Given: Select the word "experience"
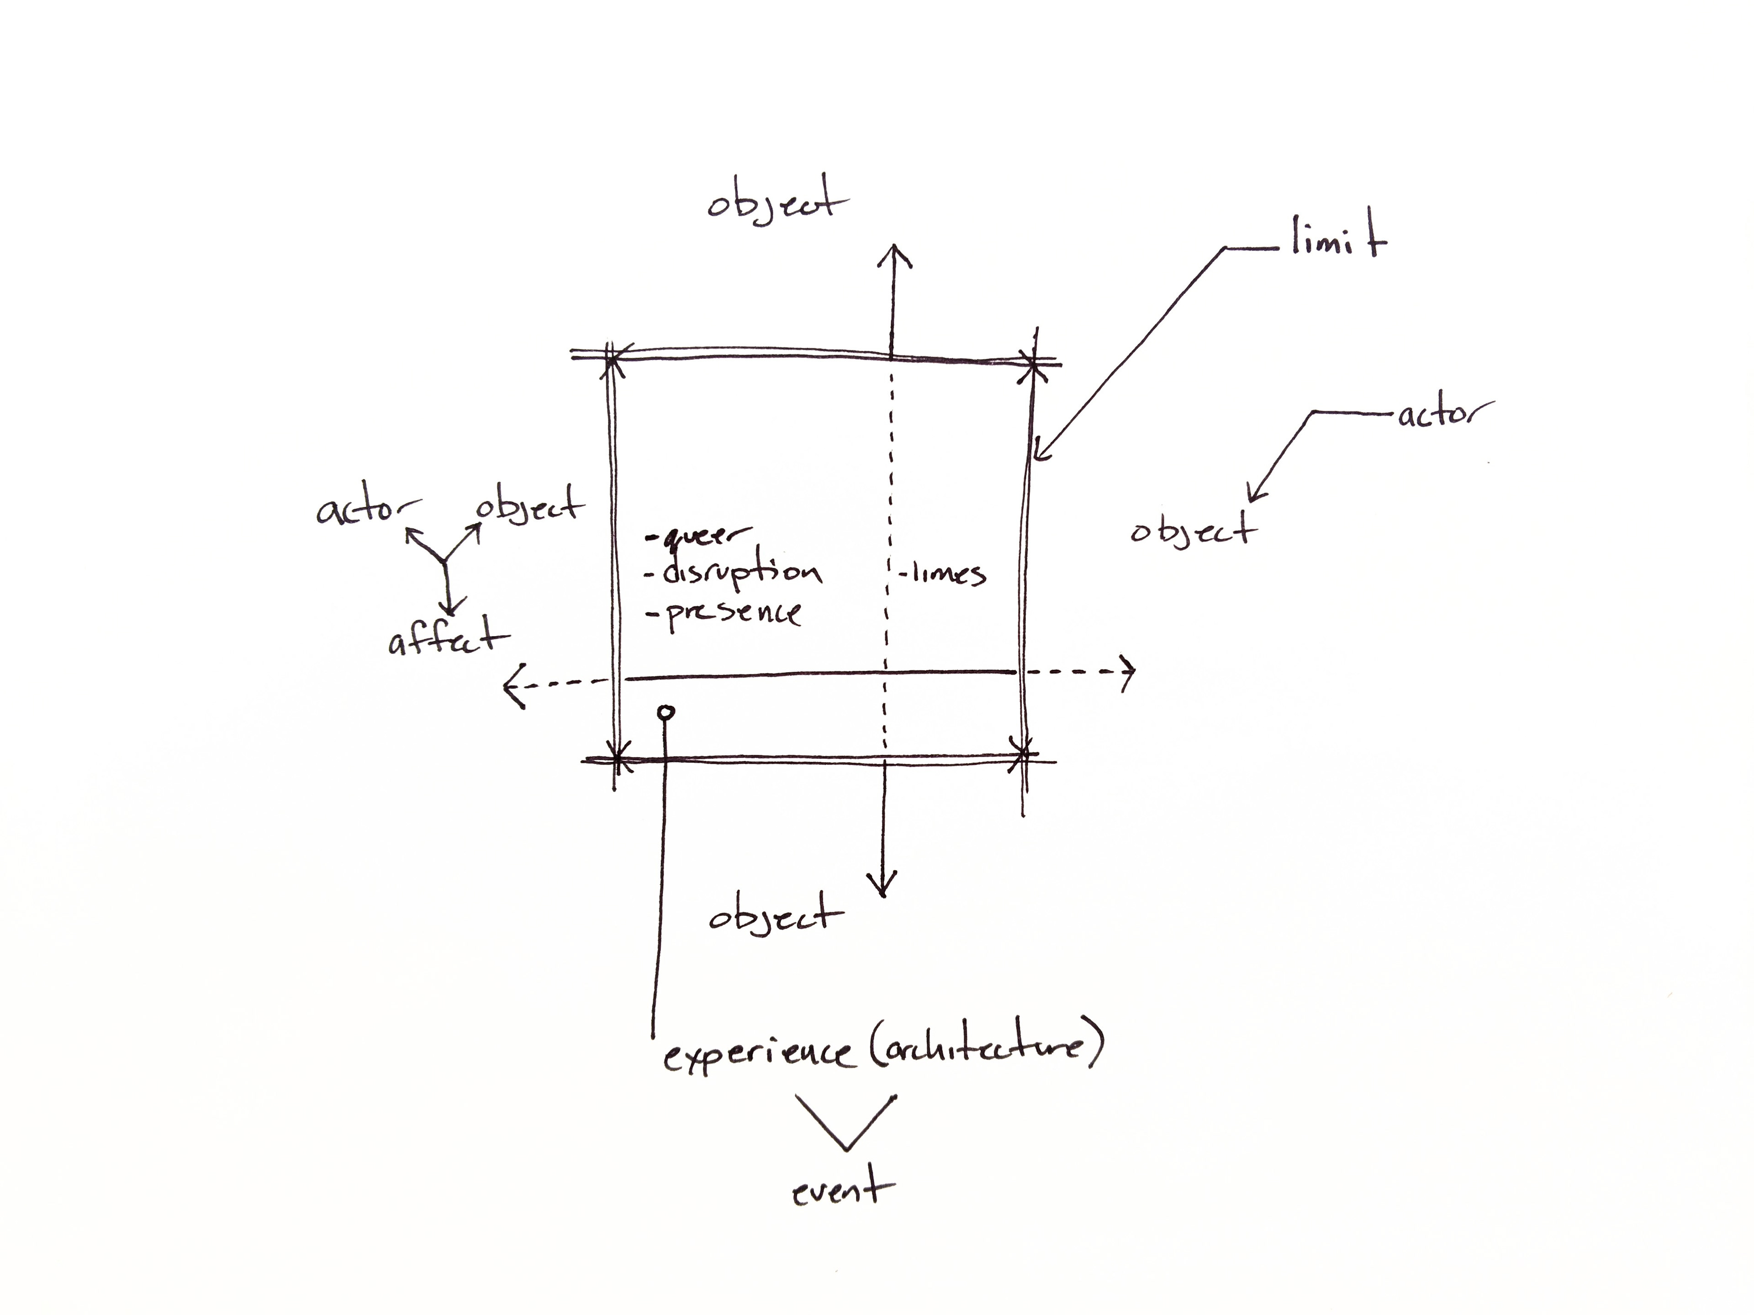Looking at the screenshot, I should (x=757, y=1054).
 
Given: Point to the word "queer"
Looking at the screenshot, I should (x=702, y=537).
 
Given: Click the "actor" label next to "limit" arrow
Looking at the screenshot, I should (x=1443, y=414).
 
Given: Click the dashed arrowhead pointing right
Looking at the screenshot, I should (x=1128, y=672).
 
